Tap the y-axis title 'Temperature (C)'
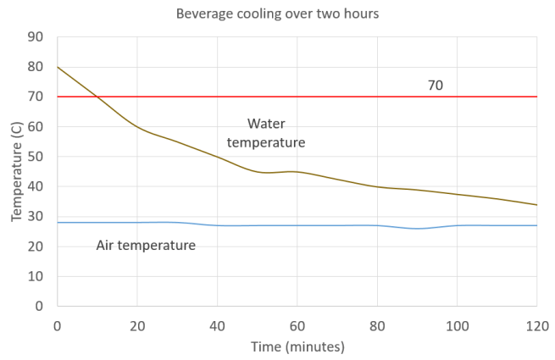(17, 171)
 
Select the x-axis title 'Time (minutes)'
(297, 347)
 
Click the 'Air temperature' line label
(146, 246)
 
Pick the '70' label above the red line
(436, 86)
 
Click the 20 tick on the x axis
(137, 324)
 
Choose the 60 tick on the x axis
(297, 324)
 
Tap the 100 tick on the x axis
(457, 324)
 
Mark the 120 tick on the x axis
(536, 324)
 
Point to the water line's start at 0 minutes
(58, 67)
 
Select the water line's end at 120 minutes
(537, 204)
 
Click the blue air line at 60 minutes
(297, 225)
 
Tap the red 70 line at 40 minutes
(217, 97)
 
